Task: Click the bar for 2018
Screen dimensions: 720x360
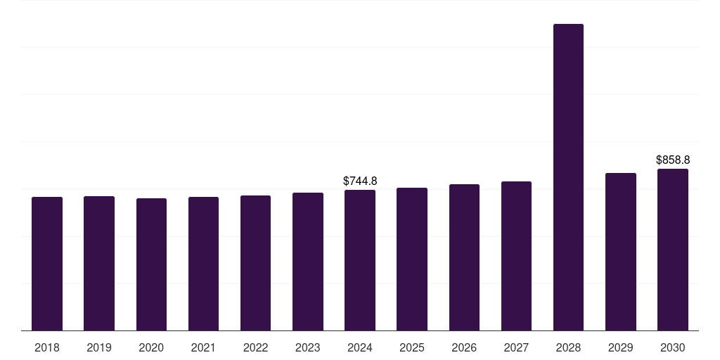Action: [x=47, y=264]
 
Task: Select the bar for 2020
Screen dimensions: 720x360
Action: [x=152, y=264]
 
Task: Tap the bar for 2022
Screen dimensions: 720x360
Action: [x=256, y=263]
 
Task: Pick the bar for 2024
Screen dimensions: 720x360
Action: [x=360, y=260]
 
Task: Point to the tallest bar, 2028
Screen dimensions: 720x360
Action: [x=568, y=177]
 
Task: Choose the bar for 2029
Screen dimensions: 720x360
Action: [x=621, y=252]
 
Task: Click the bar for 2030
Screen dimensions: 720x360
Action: [x=673, y=250]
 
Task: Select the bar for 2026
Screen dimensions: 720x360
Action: [x=464, y=257]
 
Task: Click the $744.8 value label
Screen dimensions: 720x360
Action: [x=360, y=181]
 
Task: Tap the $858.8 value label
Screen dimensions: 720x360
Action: [x=673, y=160]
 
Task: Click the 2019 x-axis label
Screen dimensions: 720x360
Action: [x=99, y=347]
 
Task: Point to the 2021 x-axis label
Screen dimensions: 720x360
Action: [x=203, y=347]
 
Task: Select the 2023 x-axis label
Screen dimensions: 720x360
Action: [x=308, y=347]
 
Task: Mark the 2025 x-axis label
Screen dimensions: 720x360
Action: [x=412, y=347]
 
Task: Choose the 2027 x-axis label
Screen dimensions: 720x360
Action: [x=516, y=347]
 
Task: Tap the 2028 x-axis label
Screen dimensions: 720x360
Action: [x=568, y=347]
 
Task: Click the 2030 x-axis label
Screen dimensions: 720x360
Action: [x=673, y=347]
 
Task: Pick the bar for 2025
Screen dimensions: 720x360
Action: [x=412, y=259]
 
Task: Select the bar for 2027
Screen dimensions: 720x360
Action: [x=516, y=256]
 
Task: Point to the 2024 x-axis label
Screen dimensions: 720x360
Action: [x=360, y=347]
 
